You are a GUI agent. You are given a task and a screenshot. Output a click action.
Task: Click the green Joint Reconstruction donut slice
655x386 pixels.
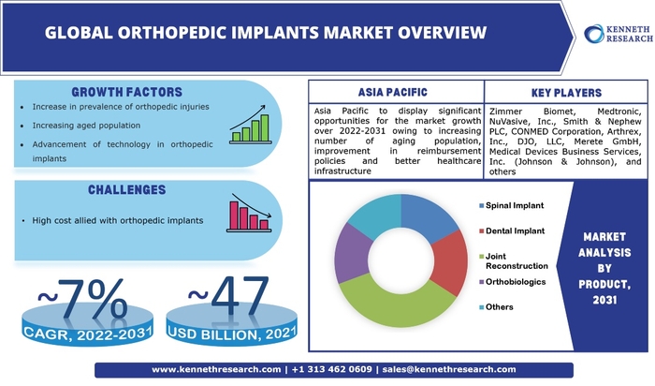click(x=397, y=304)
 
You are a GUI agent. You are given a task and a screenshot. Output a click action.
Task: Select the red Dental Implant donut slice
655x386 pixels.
click(x=450, y=261)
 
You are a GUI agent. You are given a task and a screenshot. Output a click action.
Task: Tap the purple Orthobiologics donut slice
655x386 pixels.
click(x=352, y=254)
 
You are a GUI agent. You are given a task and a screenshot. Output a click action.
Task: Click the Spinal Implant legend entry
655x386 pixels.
click(x=511, y=205)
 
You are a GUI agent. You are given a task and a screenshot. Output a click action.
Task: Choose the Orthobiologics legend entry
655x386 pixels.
click(x=512, y=282)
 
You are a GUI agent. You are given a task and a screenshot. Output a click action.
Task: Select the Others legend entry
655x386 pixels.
click(x=496, y=307)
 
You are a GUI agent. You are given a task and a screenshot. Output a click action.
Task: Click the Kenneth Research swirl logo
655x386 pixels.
click(x=594, y=34)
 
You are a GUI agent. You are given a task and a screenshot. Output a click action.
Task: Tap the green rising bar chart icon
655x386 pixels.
click(x=251, y=125)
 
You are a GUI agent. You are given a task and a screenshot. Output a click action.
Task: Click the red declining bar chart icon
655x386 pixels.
click(x=250, y=213)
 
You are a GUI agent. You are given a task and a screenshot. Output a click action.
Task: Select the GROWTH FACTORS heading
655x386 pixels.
click(x=126, y=92)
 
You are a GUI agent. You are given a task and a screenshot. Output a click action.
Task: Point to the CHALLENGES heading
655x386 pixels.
click(x=126, y=190)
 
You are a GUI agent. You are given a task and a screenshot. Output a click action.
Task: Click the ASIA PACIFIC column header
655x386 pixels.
click(x=393, y=92)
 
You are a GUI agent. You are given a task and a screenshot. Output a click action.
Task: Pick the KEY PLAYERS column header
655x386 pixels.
click(x=566, y=93)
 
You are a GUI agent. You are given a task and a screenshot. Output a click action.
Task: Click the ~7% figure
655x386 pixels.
click(x=82, y=299)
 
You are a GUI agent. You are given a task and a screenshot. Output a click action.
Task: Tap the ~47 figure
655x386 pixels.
click(x=228, y=296)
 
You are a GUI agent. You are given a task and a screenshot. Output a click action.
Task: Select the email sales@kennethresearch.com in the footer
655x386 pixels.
click(x=449, y=369)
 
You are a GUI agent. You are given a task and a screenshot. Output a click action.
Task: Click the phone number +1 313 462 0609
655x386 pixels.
click(x=331, y=369)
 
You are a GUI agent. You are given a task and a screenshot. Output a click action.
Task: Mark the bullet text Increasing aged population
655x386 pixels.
click(x=86, y=126)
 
